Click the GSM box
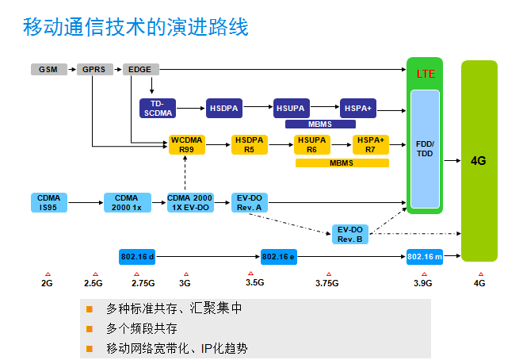[48, 69]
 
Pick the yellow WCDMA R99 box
[187, 144]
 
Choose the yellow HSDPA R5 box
[250, 144]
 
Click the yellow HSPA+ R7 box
[369, 144]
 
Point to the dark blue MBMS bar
[319, 124]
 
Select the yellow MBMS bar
[342, 163]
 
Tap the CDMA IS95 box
[48, 202]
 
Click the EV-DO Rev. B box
[349, 234]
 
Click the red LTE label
[426, 73]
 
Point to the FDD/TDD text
[425, 148]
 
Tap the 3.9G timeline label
[422, 283]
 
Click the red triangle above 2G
[48, 274]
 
